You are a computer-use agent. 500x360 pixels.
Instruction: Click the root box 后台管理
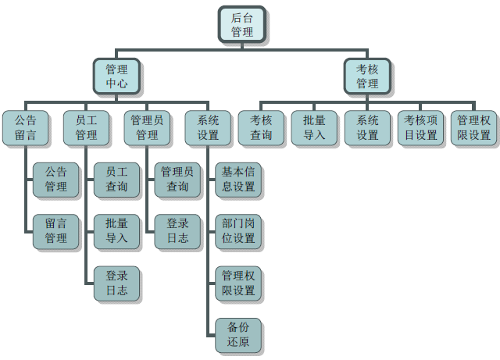point(242,24)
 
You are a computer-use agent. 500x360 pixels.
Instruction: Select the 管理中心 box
point(116,77)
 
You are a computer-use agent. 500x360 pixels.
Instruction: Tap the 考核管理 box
point(367,77)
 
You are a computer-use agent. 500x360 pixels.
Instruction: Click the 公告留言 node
point(26,128)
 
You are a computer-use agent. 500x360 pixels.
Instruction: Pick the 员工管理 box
point(87,128)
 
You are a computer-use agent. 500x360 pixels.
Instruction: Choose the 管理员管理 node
point(147,128)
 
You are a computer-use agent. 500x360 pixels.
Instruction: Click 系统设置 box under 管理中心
point(208,128)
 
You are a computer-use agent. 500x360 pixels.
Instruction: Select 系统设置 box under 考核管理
point(367,128)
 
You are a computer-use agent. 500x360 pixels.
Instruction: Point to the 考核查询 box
point(261,128)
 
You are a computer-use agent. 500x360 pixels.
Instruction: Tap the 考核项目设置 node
point(420,128)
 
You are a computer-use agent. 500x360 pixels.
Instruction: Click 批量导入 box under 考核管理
point(314,128)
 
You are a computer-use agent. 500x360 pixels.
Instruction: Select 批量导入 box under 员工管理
point(116,231)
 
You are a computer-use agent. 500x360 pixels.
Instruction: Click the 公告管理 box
point(55,180)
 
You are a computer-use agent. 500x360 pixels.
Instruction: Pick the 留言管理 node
point(55,231)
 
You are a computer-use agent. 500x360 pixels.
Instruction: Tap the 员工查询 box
point(116,180)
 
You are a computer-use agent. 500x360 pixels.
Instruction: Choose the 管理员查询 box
point(177,180)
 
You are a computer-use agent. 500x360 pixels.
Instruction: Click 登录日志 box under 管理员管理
point(177,231)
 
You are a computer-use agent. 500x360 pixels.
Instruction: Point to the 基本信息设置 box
point(238,180)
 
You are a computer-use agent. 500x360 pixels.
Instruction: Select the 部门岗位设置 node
point(238,231)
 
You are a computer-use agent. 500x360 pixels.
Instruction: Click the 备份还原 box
point(238,335)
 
